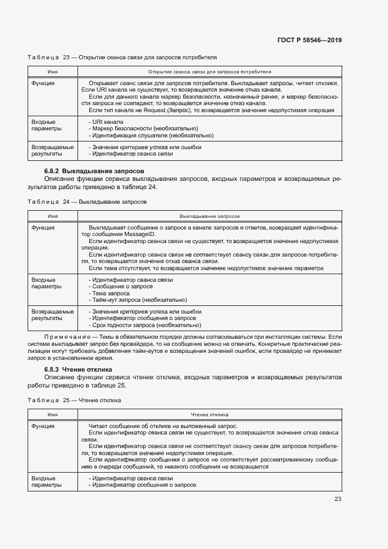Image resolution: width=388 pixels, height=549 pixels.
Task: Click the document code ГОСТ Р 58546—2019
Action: click(309, 41)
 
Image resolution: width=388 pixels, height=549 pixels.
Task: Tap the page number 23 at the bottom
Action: click(338, 499)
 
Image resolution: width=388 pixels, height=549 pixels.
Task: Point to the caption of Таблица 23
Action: click(122, 58)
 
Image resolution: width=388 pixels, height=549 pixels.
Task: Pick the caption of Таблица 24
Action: click(87, 201)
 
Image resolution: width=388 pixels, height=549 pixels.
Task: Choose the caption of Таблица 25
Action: click(74, 400)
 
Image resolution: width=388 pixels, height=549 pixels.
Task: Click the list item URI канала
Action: click(107, 122)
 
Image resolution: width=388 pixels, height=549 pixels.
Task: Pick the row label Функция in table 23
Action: click(43, 83)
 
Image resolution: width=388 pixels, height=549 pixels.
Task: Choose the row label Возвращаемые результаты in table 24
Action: click(52, 315)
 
